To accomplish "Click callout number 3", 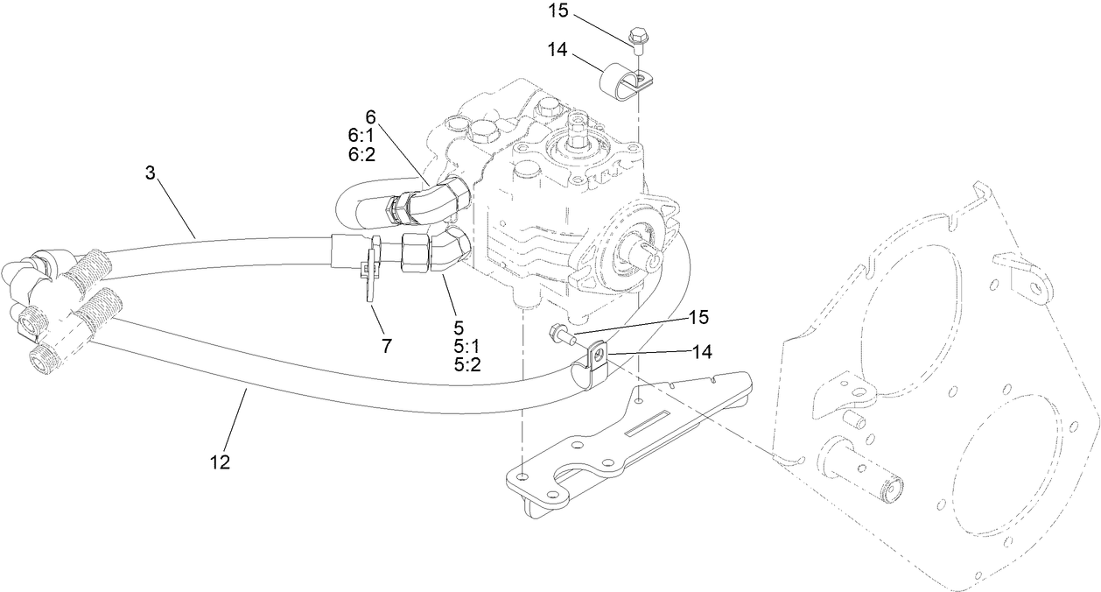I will [x=150, y=173].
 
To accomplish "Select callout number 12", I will [x=220, y=462].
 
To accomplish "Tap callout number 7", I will [x=386, y=345].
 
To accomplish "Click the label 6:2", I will [x=361, y=153].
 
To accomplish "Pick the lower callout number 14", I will [x=701, y=351].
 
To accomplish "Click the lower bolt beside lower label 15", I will [x=559, y=333].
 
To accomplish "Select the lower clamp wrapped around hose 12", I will [x=589, y=365].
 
